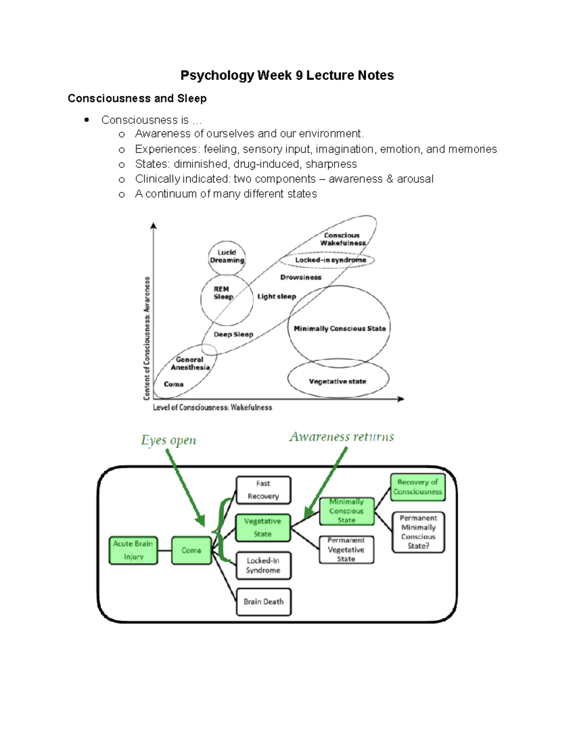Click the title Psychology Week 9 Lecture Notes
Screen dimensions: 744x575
coord(287,75)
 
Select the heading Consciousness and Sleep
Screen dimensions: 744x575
coord(137,98)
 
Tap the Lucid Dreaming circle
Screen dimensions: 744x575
coord(227,257)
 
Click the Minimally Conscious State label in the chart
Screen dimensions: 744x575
coord(340,329)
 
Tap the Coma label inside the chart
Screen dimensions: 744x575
coord(173,384)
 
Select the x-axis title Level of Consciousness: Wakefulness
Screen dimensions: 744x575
coord(212,407)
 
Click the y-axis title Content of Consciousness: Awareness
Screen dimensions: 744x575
coord(147,338)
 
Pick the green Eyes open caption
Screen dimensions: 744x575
coord(169,440)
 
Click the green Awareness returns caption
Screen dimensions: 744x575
coord(342,436)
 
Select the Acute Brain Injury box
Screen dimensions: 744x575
coord(133,550)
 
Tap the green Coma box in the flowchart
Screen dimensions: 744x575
coord(191,550)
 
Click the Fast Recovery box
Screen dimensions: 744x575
coord(263,490)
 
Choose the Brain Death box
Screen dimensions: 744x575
coord(264,601)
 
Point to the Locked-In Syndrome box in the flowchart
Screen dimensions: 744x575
coord(263,565)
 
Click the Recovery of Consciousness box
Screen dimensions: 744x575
coord(418,487)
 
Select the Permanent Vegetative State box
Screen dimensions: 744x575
coord(346,549)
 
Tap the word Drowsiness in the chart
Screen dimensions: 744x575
coord(301,277)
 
